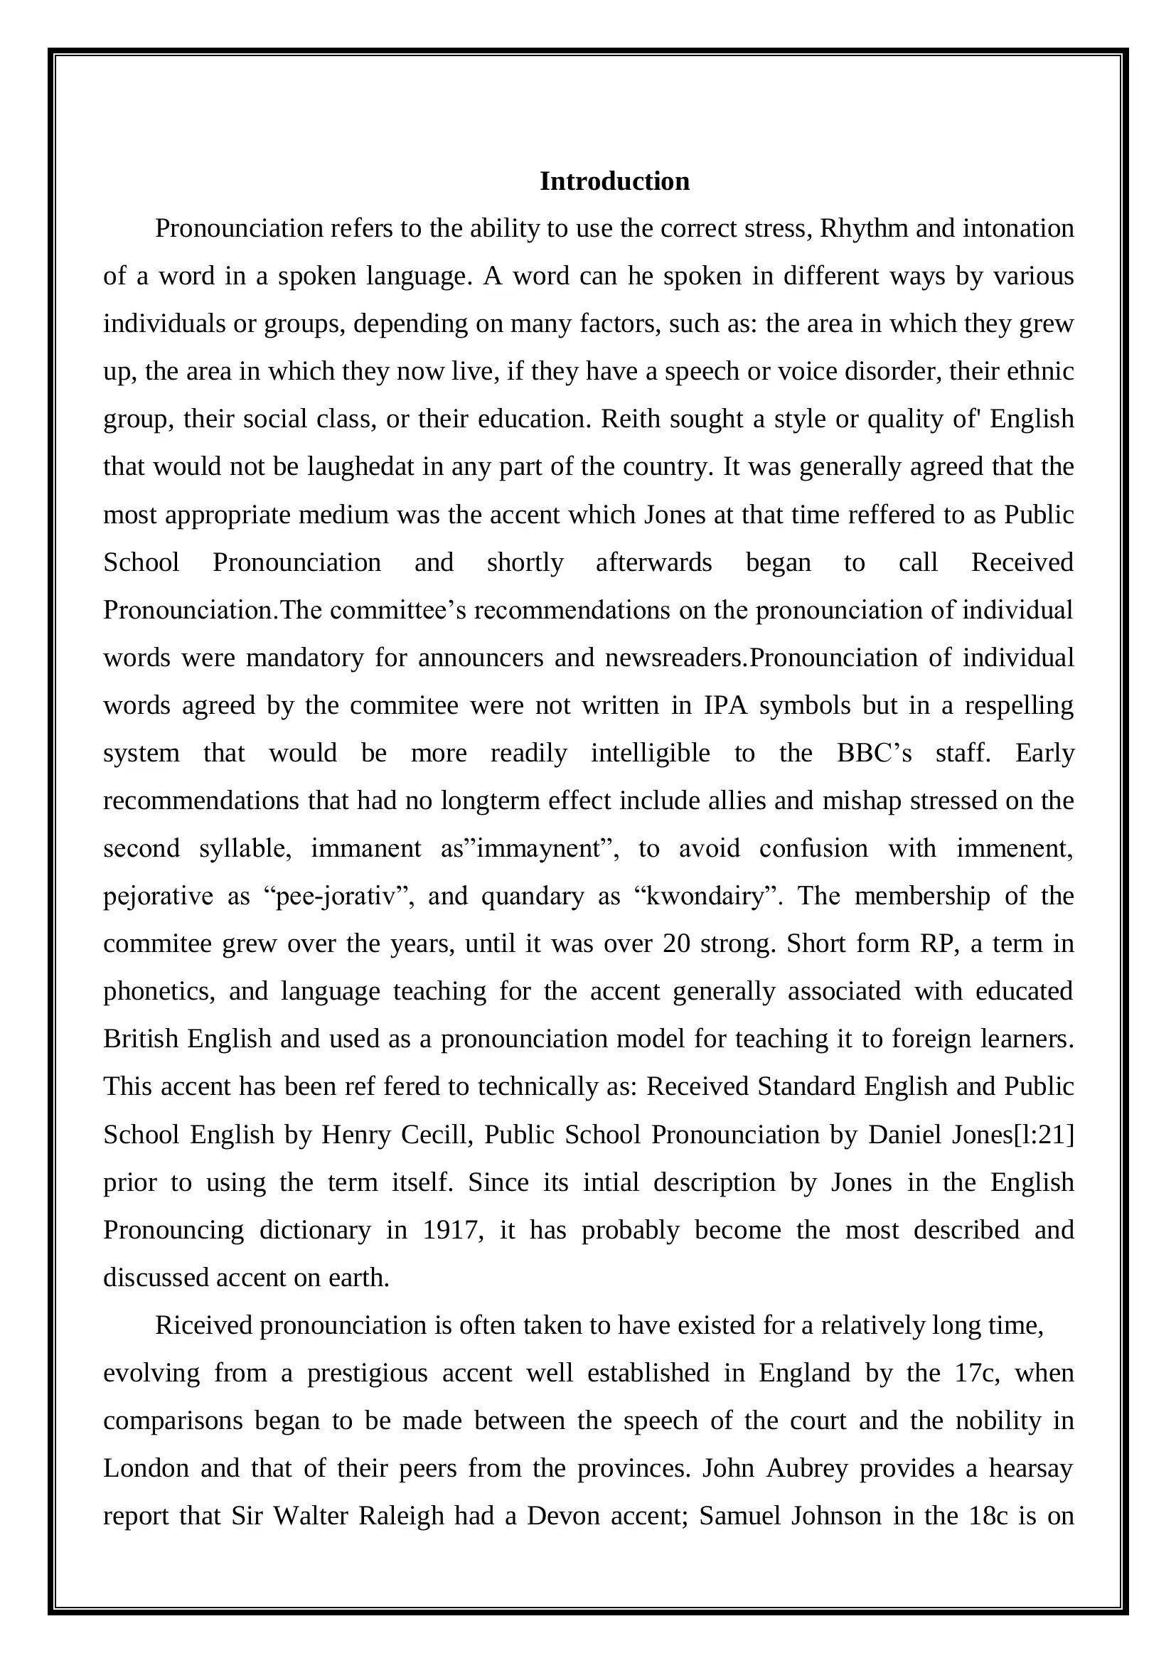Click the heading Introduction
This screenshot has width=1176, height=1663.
614,181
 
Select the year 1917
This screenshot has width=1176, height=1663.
453,1230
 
